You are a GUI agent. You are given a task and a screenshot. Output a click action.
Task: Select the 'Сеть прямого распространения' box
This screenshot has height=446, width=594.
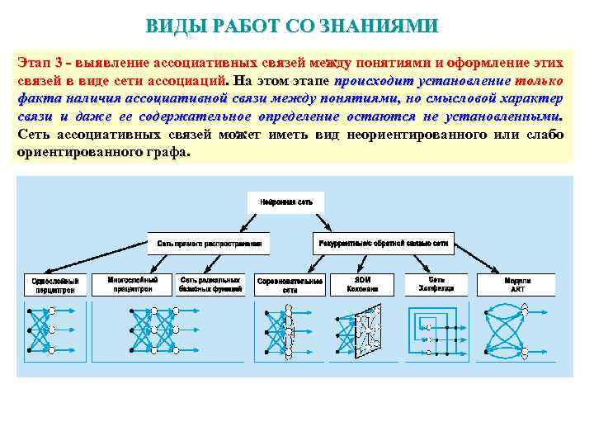209,244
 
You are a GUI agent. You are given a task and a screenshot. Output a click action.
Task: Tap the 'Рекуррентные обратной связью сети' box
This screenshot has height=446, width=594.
383,244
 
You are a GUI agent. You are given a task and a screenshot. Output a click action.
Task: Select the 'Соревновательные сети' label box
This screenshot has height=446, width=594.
290,285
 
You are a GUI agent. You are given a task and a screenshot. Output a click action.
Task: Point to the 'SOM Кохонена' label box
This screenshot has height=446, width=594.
362,285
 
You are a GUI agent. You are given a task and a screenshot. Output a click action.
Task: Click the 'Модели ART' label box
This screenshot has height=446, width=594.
517,285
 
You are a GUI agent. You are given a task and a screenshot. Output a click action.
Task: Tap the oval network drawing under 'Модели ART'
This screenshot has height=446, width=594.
517,330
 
